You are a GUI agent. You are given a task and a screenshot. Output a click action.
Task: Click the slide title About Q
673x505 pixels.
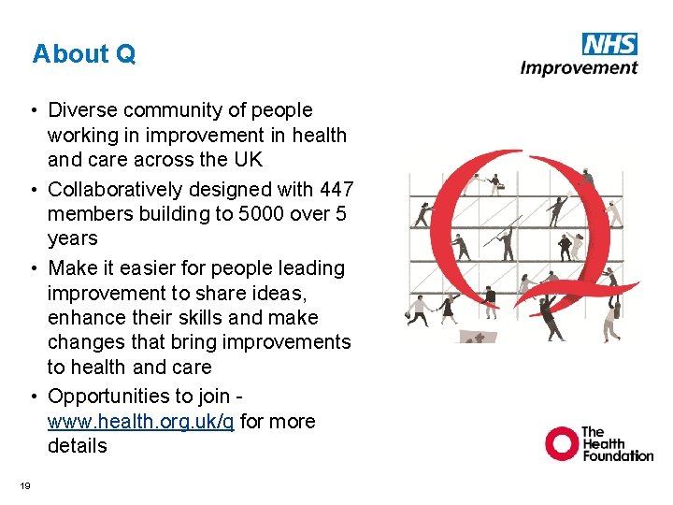click(83, 54)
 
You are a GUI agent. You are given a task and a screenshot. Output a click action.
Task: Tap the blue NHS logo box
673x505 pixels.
click(609, 44)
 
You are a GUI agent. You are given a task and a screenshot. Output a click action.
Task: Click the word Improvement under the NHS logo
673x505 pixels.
click(579, 67)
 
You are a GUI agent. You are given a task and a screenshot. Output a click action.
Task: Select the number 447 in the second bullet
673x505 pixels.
click(336, 190)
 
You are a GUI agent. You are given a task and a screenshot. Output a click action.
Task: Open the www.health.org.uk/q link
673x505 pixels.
click(141, 422)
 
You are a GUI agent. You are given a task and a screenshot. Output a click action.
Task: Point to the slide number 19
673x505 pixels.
click(25, 484)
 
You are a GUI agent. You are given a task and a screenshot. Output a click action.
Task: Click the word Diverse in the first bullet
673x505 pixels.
click(79, 111)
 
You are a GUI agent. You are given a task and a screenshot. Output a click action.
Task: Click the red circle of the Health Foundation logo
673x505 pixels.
click(563, 443)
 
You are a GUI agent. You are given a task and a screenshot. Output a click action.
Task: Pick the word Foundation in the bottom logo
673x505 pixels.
click(618, 455)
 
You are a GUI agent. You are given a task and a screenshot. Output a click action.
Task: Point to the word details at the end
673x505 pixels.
click(78, 446)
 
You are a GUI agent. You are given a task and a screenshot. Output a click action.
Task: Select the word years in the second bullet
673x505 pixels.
click(73, 238)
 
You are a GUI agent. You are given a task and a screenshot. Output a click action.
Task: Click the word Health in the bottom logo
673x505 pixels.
click(605, 443)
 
